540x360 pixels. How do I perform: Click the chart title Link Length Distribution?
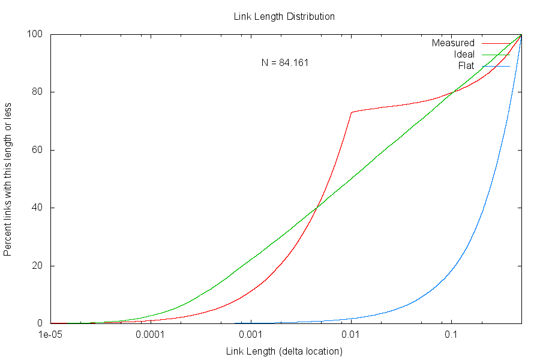[284, 17]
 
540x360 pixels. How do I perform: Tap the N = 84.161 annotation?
[285, 62]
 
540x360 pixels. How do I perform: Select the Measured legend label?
[453, 43]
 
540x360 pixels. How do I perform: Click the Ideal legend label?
[464, 55]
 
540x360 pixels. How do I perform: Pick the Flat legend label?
[466, 65]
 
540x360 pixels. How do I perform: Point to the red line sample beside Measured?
[495, 43]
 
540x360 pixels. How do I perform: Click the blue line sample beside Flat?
[495, 66]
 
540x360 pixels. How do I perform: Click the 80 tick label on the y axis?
[38, 92]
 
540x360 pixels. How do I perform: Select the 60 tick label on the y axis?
[38, 150]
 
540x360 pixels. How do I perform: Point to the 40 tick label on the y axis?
[38, 208]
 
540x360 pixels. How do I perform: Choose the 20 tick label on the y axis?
[38, 266]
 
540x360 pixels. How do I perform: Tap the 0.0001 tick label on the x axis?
[151, 335]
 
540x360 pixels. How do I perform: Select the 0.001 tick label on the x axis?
[251, 335]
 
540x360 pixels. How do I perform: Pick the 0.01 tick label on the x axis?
[351, 335]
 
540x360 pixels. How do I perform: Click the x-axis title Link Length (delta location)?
[284, 351]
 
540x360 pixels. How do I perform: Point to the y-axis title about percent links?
[8, 179]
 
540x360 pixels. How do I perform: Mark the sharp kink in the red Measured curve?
[352, 112]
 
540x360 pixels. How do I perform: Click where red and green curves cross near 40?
[316, 208]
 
